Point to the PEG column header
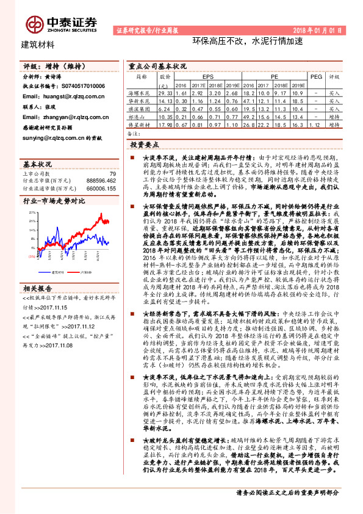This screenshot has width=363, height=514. tap(316, 78)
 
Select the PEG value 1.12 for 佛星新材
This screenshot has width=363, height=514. tap(316, 123)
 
